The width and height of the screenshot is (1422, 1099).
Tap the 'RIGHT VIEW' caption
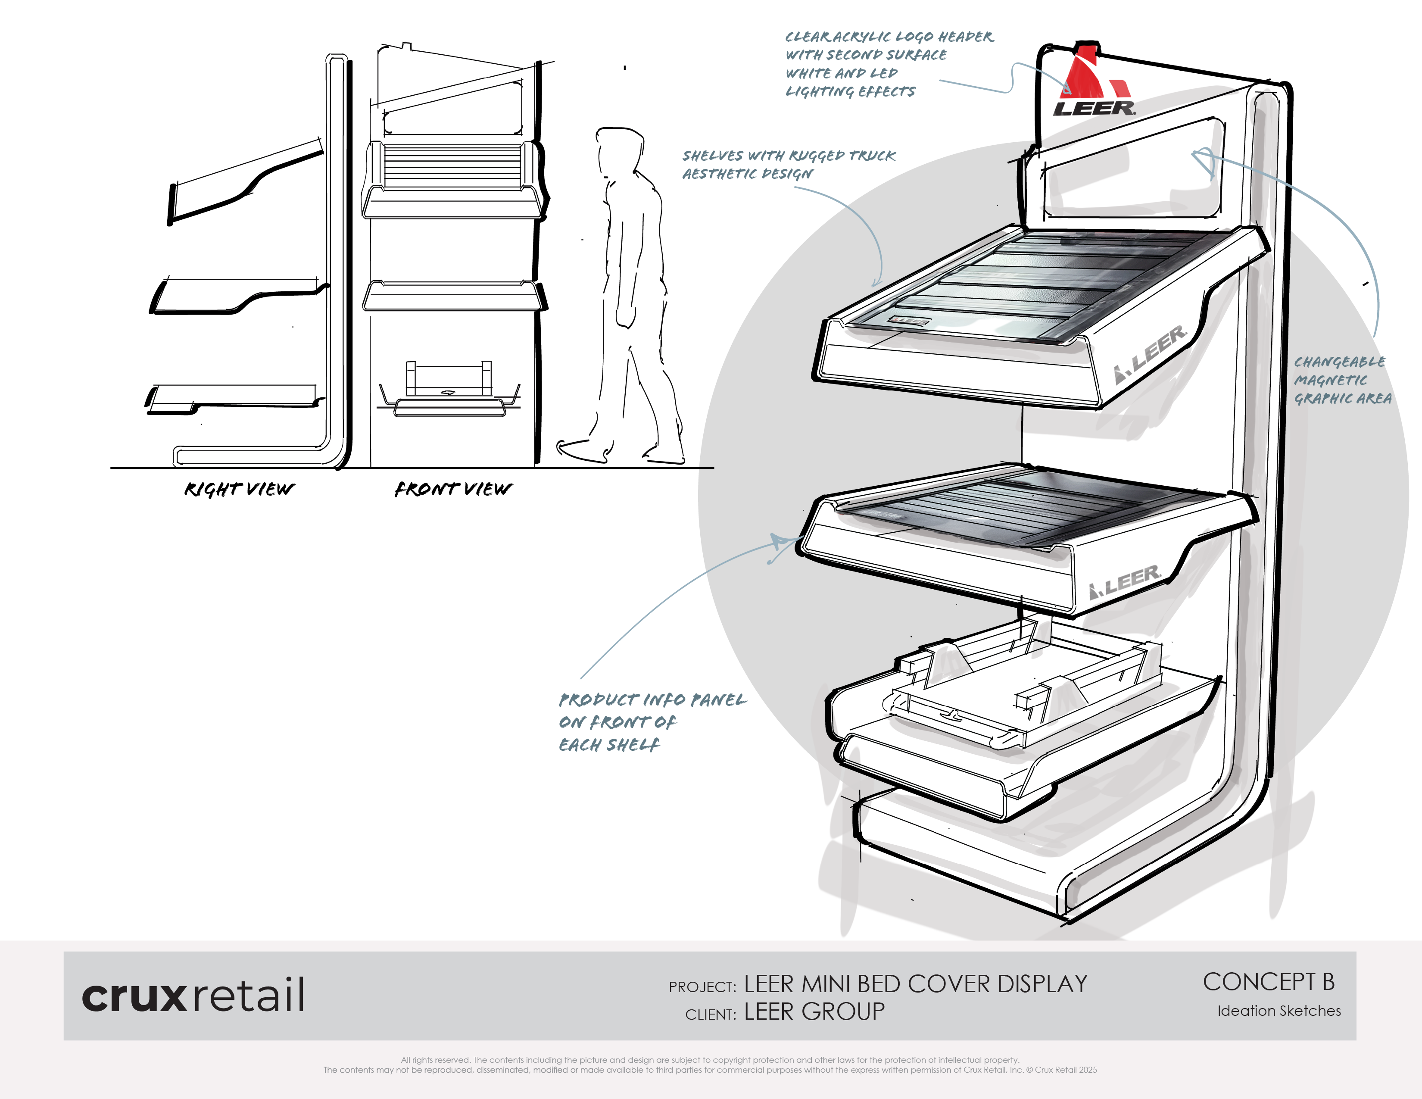tap(239, 489)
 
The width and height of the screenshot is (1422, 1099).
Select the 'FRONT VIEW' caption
tap(453, 489)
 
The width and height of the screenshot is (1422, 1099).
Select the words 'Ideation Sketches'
tap(1279, 1011)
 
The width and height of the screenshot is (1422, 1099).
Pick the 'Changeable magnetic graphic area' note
tap(1341, 380)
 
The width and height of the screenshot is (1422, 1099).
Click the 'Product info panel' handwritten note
tap(651, 721)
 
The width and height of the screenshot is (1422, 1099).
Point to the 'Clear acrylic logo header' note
tap(889, 64)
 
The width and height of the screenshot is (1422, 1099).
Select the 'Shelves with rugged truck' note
tap(788, 164)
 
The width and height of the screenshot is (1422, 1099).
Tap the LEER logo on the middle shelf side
tap(1125, 581)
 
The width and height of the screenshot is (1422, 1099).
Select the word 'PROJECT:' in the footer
tap(702, 987)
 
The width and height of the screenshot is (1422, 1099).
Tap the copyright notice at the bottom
tap(710, 1065)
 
